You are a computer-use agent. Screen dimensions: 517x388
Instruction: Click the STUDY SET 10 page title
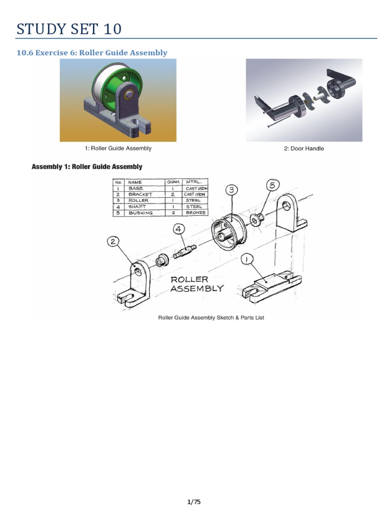(x=69, y=29)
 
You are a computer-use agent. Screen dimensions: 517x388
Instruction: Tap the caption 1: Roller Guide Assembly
(x=118, y=148)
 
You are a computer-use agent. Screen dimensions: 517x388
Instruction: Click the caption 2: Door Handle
(x=304, y=148)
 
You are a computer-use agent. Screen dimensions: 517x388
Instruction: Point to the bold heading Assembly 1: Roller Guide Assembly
(x=87, y=167)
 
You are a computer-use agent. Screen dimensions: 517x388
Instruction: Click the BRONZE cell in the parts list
(x=195, y=213)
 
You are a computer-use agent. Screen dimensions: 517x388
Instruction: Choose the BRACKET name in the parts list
(x=140, y=194)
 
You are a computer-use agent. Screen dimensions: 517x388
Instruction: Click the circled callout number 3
(x=231, y=190)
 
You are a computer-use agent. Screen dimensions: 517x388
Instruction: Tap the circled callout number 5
(x=272, y=185)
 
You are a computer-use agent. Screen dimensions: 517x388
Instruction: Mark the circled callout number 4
(x=179, y=229)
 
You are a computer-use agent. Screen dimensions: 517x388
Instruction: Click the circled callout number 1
(x=247, y=260)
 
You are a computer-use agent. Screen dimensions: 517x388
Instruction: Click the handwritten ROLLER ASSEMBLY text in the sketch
(x=197, y=284)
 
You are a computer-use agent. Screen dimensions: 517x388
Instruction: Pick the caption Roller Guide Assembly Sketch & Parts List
(x=211, y=318)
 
